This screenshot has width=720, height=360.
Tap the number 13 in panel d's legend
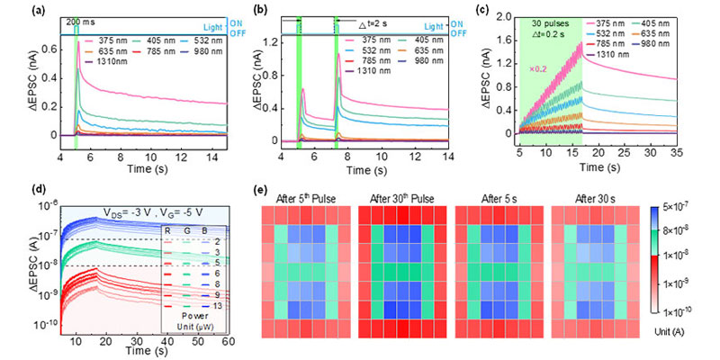pyautogui.click(x=218, y=305)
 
